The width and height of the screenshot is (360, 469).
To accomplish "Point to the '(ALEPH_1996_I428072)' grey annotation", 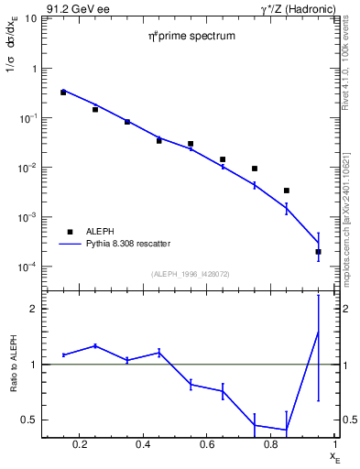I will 191,274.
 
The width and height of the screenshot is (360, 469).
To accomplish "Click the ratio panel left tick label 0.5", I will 31,420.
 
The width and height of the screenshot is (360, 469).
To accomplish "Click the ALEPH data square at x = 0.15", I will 63,93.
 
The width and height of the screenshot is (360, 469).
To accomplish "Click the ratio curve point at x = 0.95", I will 318,332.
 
